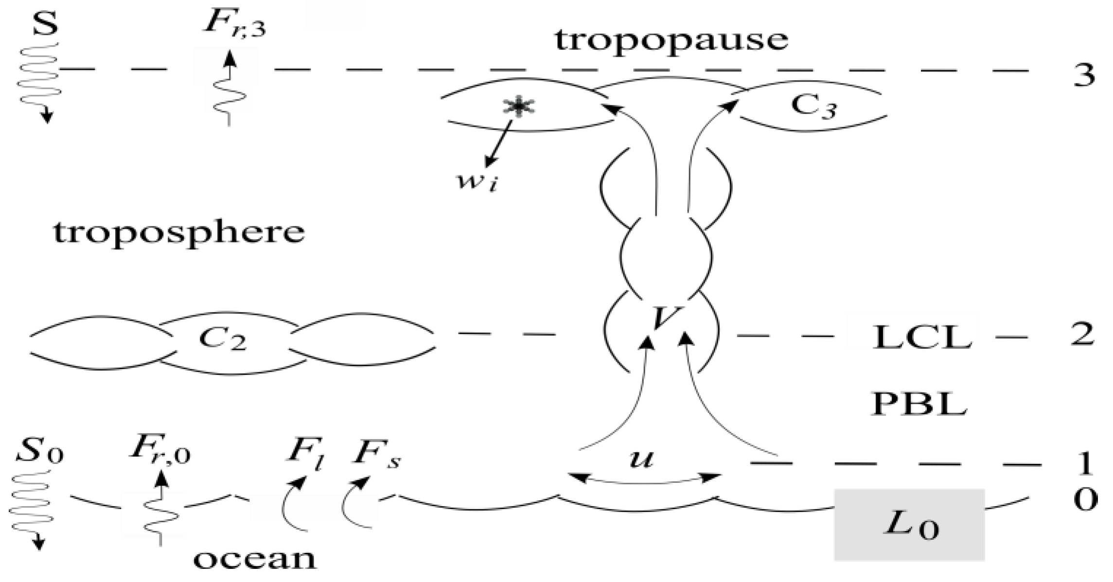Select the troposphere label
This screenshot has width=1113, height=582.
click(x=179, y=234)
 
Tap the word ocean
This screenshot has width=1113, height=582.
click(x=255, y=559)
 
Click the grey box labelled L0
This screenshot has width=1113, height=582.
click(x=910, y=525)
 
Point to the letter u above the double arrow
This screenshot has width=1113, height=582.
click(x=641, y=458)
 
